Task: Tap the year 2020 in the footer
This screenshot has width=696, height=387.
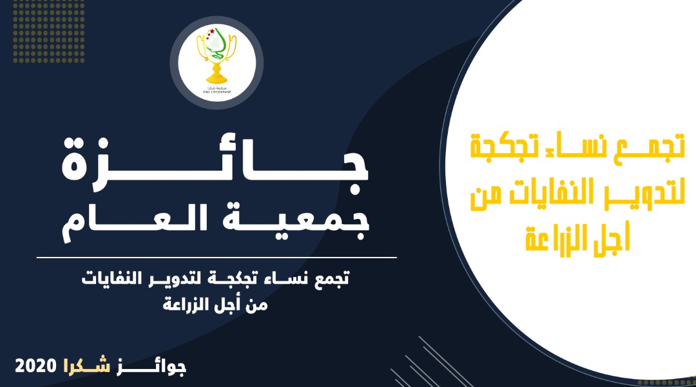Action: click(36, 366)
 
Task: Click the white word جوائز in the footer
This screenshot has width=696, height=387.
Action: click(151, 367)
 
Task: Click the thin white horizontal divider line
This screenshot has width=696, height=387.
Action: click(217, 257)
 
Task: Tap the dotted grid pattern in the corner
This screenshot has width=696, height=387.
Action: click(49, 31)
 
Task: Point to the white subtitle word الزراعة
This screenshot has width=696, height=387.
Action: click(184, 304)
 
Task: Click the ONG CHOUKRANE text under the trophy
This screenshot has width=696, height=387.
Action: click(217, 92)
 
